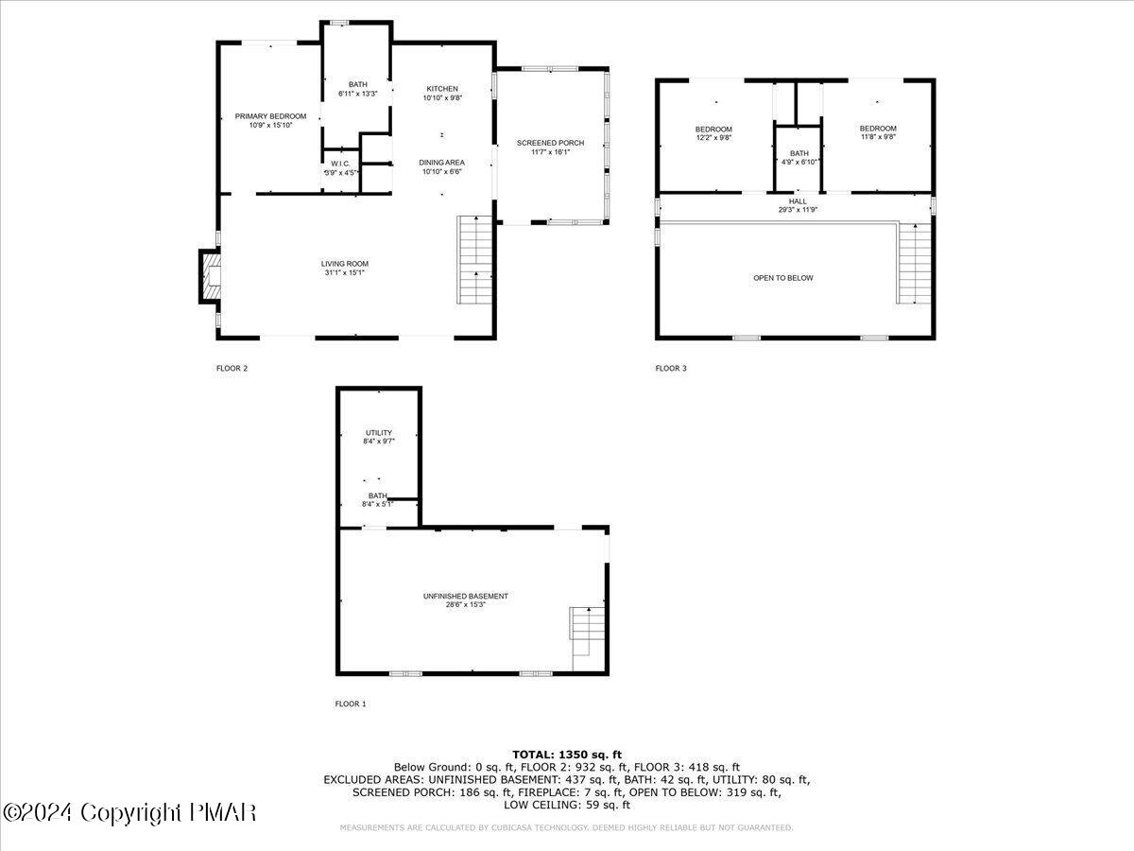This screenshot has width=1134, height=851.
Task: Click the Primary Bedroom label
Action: click(x=270, y=116)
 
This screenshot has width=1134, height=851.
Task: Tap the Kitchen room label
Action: click(x=441, y=89)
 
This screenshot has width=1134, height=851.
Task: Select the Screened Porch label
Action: click(x=550, y=143)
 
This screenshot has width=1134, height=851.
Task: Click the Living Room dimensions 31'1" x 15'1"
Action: click(x=344, y=272)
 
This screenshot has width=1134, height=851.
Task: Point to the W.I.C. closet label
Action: click(x=340, y=164)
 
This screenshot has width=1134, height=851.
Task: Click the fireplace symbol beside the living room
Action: click(x=210, y=276)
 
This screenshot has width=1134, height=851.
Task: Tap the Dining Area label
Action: click(x=441, y=163)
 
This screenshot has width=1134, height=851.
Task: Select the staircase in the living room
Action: click(x=475, y=260)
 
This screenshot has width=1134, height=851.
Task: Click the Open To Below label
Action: click(x=782, y=278)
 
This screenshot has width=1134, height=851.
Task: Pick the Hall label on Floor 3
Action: click(x=798, y=201)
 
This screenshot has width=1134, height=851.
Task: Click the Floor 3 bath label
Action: click(x=799, y=153)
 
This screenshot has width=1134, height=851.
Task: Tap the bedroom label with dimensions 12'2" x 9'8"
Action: click(x=713, y=129)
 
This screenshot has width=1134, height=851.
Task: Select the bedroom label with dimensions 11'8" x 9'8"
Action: click(x=878, y=129)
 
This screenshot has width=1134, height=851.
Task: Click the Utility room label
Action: click(x=379, y=433)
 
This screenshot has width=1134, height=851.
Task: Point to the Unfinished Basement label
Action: click(x=465, y=596)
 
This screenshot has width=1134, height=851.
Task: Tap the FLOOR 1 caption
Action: click(x=351, y=703)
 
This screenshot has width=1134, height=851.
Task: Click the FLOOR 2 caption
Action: click(x=232, y=368)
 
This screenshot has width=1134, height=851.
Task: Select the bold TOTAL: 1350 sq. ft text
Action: click(x=567, y=755)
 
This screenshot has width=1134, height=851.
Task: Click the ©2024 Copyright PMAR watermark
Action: click(x=129, y=812)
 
